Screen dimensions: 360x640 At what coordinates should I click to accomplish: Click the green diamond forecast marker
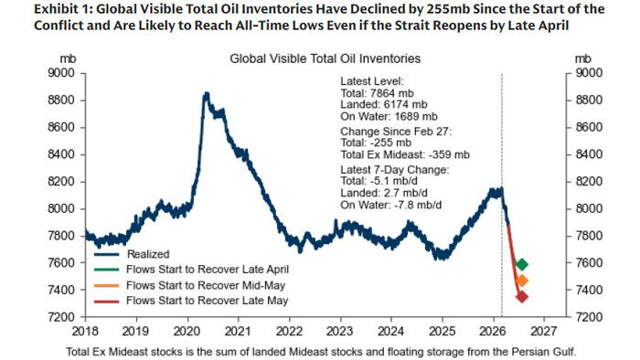pos(522,264)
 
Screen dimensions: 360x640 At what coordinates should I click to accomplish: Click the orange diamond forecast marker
pos(522,281)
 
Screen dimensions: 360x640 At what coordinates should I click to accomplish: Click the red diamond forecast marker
pos(522,296)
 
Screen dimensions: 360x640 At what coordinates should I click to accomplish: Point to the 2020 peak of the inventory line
pos(206,93)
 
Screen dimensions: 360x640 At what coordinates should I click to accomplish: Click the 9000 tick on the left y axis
pos(60,72)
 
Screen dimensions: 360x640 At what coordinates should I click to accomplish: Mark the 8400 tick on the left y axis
pos(60,154)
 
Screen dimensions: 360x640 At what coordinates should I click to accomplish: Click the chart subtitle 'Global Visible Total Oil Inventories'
pos(325,59)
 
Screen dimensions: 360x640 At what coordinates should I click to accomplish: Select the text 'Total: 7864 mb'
pos(377,93)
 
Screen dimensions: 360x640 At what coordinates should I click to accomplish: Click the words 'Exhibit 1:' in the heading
pos(31,9)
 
